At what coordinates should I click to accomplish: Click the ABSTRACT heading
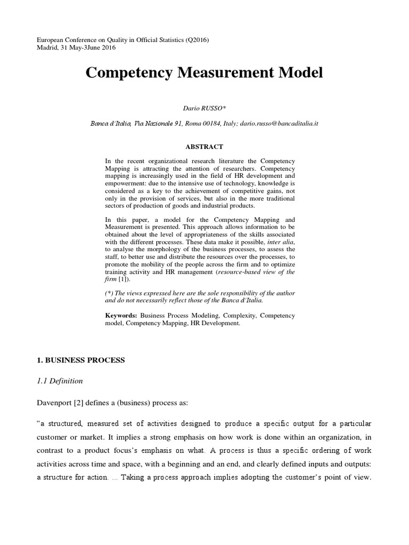click(x=204, y=146)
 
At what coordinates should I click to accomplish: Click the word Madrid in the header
click(x=47, y=48)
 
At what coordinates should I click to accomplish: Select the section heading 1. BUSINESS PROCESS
click(x=80, y=360)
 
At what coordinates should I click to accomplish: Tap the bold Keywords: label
click(x=122, y=316)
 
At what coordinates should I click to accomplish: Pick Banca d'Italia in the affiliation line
click(x=110, y=123)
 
